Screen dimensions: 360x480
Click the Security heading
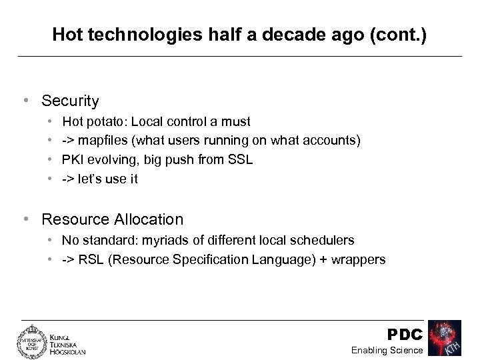(x=70, y=101)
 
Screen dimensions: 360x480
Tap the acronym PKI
(x=73, y=160)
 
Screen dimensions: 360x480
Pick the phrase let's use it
(x=109, y=179)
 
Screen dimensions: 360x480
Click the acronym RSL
(x=90, y=259)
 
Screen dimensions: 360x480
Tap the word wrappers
(x=359, y=259)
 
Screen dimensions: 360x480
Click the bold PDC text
(x=405, y=333)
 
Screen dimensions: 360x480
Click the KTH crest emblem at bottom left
(x=29, y=341)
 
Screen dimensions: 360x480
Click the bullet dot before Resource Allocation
(x=25, y=219)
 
